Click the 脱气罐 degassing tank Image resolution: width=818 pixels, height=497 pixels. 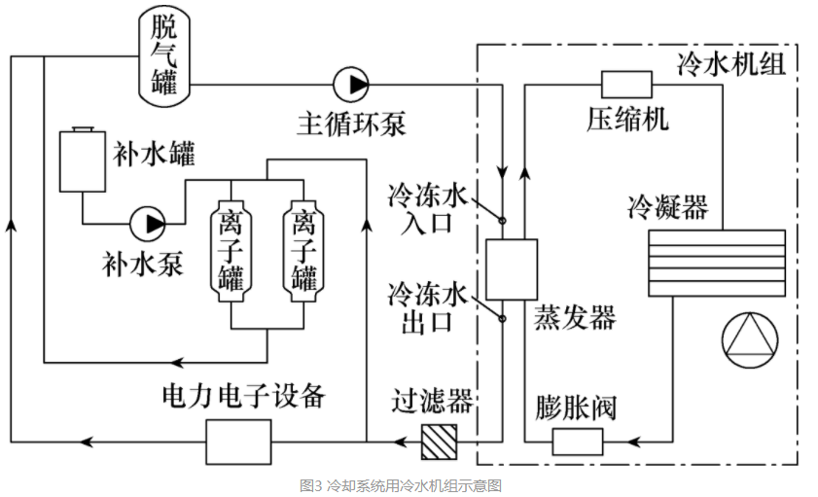point(163,54)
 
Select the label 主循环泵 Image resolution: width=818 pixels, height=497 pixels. point(350,124)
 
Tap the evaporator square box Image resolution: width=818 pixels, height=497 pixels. point(512,268)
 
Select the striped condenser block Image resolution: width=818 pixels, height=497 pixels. point(717,263)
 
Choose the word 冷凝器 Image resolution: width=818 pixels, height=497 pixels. point(668,207)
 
